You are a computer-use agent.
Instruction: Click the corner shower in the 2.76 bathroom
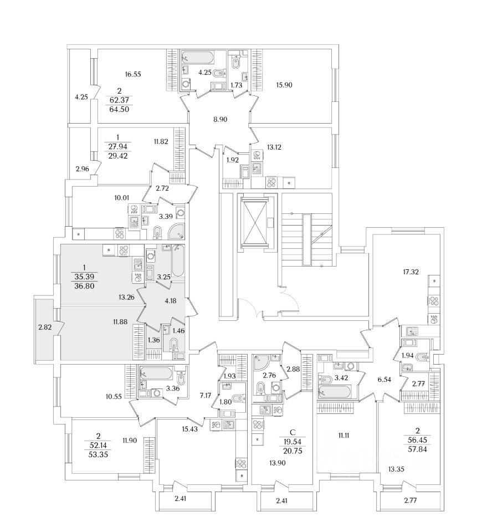click(x=260, y=363)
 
